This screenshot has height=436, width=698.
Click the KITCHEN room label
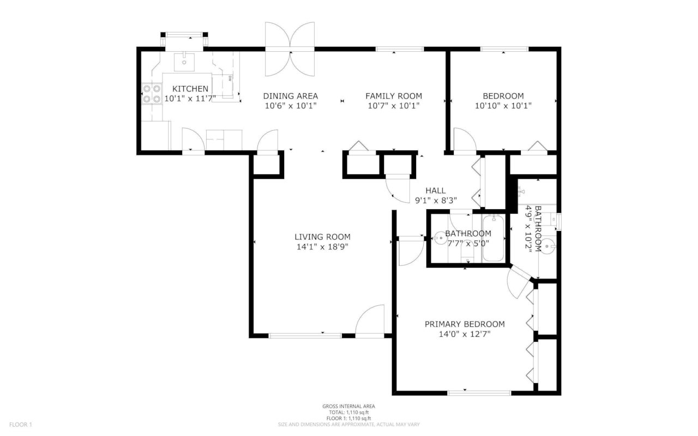(190, 89)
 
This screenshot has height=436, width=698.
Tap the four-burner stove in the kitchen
(152, 94)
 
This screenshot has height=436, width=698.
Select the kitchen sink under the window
(184, 63)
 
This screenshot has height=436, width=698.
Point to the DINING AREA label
(290, 96)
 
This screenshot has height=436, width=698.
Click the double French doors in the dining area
(290, 49)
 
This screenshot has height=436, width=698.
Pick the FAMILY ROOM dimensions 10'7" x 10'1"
(393, 106)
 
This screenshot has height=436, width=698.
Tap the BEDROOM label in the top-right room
(503, 96)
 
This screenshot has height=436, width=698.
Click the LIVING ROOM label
(322, 237)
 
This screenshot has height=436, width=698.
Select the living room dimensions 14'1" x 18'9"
(322, 246)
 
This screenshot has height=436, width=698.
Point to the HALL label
(435, 190)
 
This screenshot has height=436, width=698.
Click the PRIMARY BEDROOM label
(465, 324)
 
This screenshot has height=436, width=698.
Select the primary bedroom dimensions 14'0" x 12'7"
(465, 334)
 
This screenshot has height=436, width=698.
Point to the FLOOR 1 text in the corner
(21, 425)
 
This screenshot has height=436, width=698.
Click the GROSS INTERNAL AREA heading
(348, 406)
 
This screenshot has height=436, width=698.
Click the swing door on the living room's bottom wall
(370, 323)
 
